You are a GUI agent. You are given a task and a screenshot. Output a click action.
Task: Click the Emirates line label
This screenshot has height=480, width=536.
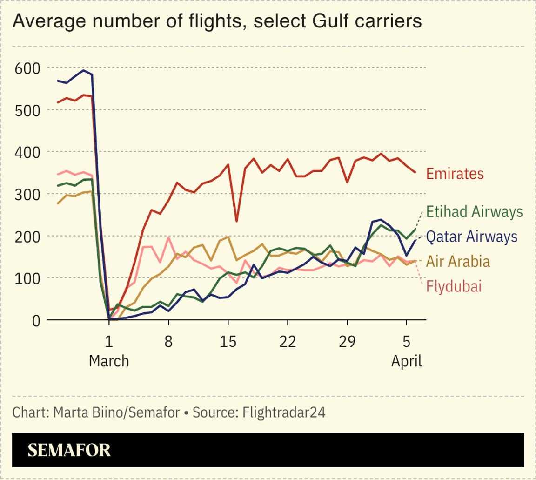click(x=455, y=174)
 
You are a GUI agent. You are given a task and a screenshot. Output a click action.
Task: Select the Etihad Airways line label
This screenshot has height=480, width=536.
click(x=474, y=212)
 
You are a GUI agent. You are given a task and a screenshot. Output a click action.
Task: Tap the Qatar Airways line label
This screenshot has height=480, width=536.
click(x=472, y=237)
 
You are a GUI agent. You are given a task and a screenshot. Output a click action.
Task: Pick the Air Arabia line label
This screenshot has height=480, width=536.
click(x=459, y=261)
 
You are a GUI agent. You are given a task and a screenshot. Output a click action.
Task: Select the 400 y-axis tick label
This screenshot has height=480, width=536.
click(x=27, y=152)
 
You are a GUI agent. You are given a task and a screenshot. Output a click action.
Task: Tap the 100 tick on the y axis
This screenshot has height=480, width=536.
click(x=27, y=278)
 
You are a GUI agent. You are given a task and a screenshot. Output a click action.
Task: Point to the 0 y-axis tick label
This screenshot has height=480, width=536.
click(x=35, y=320)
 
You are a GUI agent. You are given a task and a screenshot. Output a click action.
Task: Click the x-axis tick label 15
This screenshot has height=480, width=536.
click(x=228, y=341)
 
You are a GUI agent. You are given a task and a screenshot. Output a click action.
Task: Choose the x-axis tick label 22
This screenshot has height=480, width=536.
click(x=288, y=341)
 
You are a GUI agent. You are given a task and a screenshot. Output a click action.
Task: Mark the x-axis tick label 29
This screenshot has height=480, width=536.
click(x=347, y=341)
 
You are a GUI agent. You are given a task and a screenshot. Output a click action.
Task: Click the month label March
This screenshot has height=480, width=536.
click(x=109, y=361)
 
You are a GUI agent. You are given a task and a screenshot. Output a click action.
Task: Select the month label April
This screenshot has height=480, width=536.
click(x=406, y=361)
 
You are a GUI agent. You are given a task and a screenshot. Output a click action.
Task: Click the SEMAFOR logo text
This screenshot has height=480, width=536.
click(x=69, y=450)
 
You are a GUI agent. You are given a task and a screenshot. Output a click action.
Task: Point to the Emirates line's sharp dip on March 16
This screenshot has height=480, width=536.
click(x=236, y=221)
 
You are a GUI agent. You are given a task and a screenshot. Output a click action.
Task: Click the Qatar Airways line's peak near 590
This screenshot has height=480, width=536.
click(x=83, y=70)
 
